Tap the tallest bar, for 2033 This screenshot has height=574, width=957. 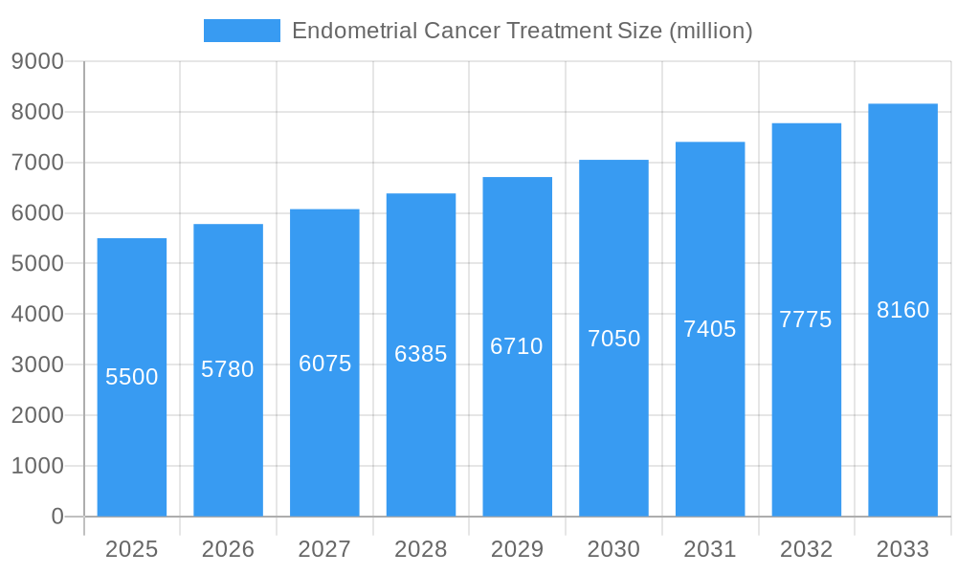[x=902, y=402]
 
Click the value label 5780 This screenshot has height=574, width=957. [x=228, y=369]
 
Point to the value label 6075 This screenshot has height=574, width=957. [x=325, y=364]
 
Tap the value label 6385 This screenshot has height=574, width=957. [x=421, y=354]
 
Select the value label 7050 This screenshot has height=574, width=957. [x=613, y=339]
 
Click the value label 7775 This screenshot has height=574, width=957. [x=806, y=320]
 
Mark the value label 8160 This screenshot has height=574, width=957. [x=902, y=310]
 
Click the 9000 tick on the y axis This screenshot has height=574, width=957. [x=37, y=62]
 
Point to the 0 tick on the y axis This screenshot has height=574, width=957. [x=56, y=517]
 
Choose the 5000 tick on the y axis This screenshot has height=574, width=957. [x=37, y=264]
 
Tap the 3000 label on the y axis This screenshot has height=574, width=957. [x=37, y=365]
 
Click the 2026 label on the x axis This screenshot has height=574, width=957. [x=228, y=549]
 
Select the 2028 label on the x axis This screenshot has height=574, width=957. [x=421, y=549]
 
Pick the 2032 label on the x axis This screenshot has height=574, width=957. [x=806, y=549]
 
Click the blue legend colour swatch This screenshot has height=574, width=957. [x=242, y=31]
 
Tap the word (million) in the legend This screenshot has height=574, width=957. [x=711, y=31]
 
